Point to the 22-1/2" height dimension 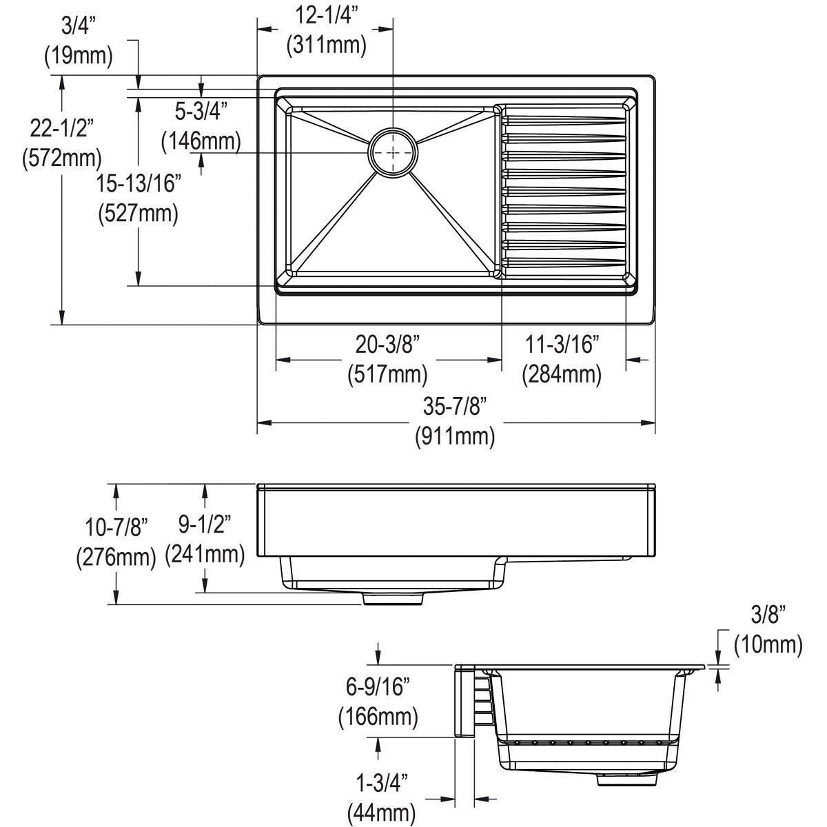[x=61, y=127]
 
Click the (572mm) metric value [x=61, y=157]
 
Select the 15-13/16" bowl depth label [x=138, y=183]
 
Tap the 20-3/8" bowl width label [x=387, y=344]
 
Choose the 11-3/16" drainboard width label [x=562, y=344]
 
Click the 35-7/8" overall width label [x=454, y=407]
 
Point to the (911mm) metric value [x=454, y=436]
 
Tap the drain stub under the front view [x=392, y=599]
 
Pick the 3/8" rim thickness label [x=767, y=614]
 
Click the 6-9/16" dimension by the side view [x=378, y=686]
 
